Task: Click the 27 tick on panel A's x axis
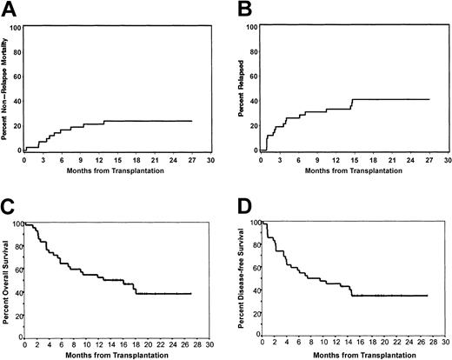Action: point(190,159)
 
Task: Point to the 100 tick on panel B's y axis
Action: point(253,27)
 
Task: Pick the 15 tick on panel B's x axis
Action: point(352,159)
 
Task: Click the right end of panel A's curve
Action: point(191,121)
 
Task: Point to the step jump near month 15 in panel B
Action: point(352,104)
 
